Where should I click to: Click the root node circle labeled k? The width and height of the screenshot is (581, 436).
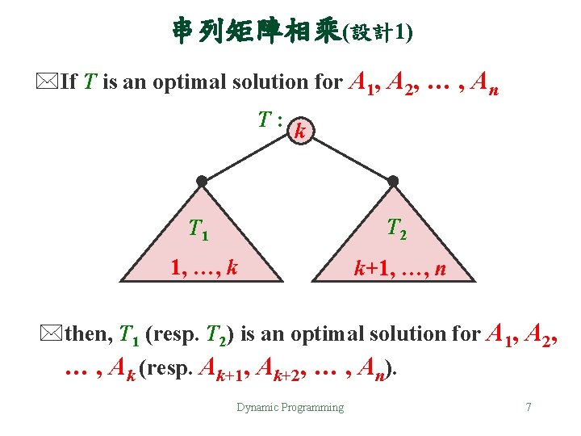[301, 129]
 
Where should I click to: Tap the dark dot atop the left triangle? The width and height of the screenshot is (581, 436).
[202, 181]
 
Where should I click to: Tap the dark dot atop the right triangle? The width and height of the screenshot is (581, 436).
[393, 181]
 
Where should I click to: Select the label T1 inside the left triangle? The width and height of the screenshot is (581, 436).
[199, 231]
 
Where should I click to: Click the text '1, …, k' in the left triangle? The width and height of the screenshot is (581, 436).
[203, 266]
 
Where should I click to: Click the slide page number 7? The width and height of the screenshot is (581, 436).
[528, 407]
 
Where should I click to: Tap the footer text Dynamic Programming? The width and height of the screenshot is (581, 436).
[290, 407]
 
